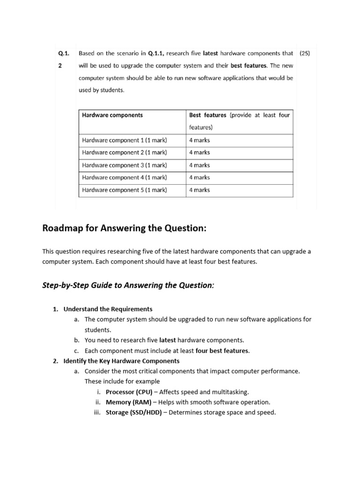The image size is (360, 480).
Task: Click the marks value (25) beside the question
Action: point(304,53)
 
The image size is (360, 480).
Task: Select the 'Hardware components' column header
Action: point(112,115)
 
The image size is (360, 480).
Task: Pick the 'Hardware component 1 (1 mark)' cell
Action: point(124,140)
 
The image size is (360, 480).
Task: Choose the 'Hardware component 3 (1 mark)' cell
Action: point(124,165)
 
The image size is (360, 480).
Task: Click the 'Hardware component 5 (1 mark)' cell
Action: point(124,190)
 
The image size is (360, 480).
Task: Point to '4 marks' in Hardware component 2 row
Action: point(199,152)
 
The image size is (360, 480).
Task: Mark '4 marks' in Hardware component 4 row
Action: point(199,177)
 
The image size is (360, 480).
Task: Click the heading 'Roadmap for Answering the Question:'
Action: point(124,228)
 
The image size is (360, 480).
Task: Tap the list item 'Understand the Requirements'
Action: point(108,309)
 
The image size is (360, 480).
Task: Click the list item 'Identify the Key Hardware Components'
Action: point(121,361)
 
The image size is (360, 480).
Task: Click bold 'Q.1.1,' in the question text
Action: point(156,53)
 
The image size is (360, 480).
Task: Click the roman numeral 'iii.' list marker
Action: point(98,412)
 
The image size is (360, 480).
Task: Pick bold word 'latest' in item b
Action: point(167,340)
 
